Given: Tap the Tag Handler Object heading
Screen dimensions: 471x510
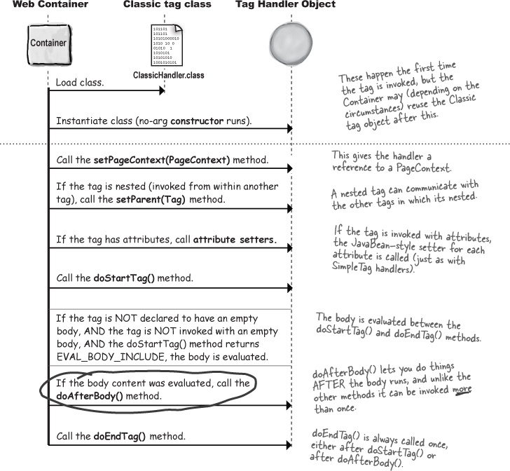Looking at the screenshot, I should [285, 5].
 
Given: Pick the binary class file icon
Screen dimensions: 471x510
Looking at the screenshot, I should [166, 44].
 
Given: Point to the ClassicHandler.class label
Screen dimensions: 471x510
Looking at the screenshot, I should [168, 75].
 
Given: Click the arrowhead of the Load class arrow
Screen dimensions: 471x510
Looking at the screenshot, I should [162, 90].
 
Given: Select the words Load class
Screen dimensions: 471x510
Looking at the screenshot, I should [80, 83].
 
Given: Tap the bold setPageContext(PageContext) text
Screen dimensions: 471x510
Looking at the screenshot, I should [162, 161].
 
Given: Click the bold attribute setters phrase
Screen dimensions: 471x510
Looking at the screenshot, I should [235, 240].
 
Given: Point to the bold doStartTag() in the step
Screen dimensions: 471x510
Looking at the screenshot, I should [125, 278].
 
